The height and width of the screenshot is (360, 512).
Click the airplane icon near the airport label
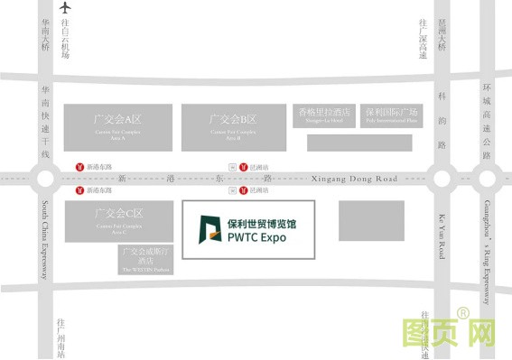coord(65,8)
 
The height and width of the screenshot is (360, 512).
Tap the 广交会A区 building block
coord(117,126)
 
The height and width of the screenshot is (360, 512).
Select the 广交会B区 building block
coord(233,126)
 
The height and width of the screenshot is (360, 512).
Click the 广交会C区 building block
coord(117,220)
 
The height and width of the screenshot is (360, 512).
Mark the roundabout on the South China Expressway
coord(44,179)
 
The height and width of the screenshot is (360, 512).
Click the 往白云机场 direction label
coord(65,41)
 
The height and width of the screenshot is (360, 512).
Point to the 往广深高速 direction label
coord(422,40)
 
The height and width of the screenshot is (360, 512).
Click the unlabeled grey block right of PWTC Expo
coord(370,219)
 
